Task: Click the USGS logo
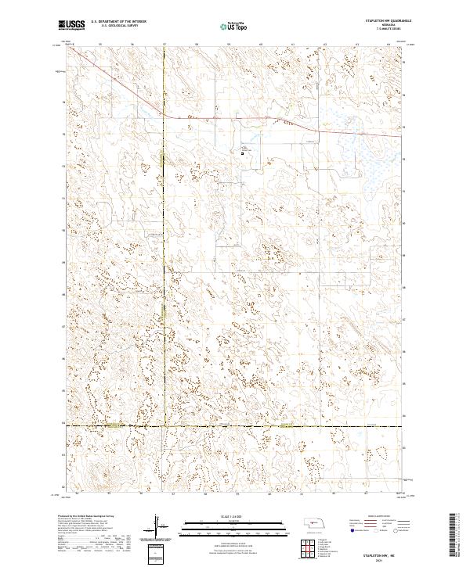click(x=71, y=26)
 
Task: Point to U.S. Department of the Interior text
click(x=118, y=22)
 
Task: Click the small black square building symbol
click(x=242, y=153)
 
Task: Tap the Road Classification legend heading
click(x=368, y=518)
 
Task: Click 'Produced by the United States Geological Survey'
click(x=86, y=518)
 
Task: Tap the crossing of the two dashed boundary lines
click(x=164, y=426)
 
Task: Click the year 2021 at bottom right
click(x=382, y=558)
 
